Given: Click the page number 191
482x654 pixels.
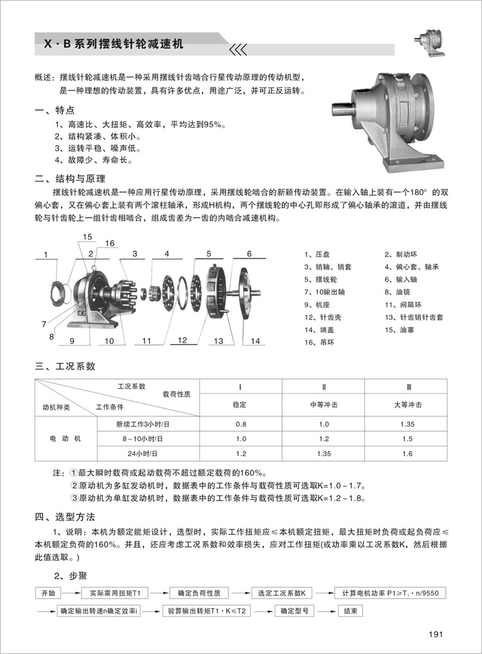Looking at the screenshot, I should pyautogui.click(x=436, y=635).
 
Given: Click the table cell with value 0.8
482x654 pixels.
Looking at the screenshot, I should pyautogui.click(x=241, y=425).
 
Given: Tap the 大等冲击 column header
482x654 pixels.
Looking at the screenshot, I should pyautogui.click(x=407, y=405).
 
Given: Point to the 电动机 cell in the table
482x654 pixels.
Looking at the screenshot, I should pyautogui.click(x=66, y=439).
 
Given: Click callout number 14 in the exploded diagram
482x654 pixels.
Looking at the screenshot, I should pyautogui.click(x=255, y=341).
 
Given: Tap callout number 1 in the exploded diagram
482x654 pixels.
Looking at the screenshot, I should pyautogui.click(x=46, y=256).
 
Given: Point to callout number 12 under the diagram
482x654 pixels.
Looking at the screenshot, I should pyautogui.click(x=182, y=340).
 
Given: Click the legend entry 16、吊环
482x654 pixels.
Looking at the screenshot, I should pyautogui.click(x=319, y=342).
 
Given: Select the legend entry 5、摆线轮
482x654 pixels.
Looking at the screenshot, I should pyautogui.click(x=321, y=279).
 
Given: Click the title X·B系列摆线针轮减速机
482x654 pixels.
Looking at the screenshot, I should pyautogui.click(x=114, y=45).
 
